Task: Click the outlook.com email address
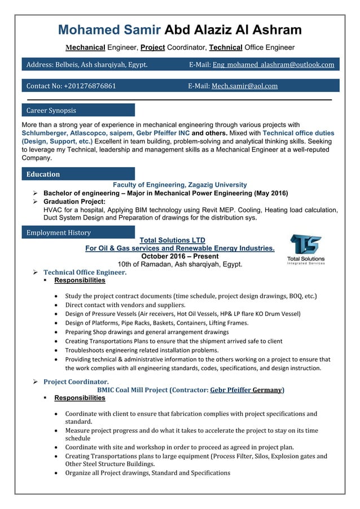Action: (x=273, y=65)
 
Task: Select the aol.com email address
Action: (x=244, y=86)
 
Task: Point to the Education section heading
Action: (x=43, y=174)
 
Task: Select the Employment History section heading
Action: (x=59, y=232)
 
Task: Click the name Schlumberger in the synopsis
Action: (x=44, y=134)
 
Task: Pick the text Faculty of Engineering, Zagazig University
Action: (x=179, y=185)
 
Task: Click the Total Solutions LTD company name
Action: (x=179, y=240)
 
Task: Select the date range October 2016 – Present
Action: (x=179, y=256)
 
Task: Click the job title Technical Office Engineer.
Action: (x=85, y=273)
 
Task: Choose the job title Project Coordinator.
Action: (x=76, y=382)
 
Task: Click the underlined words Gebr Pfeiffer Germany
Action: (x=246, y=390)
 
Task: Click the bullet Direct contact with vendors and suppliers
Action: (x=125, y=305)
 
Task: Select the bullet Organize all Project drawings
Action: (x=148, y=473)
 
